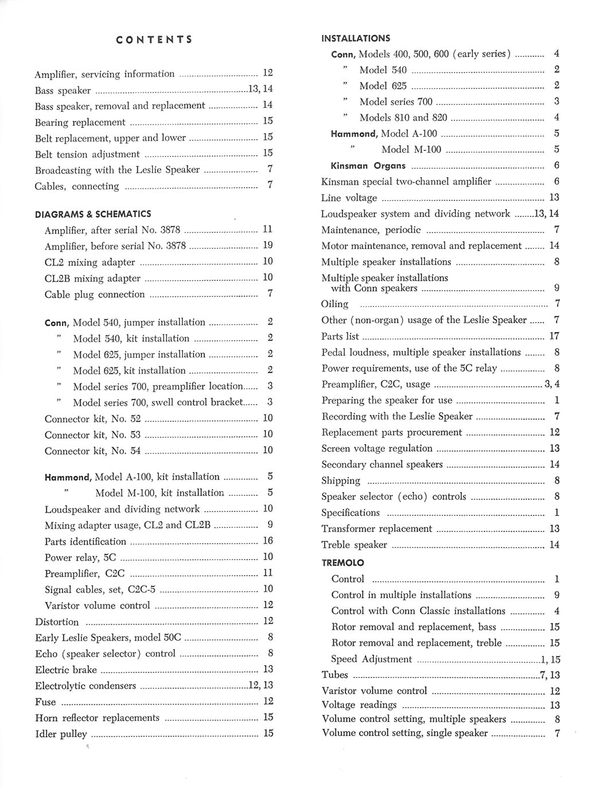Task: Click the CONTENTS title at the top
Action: click(154, 40)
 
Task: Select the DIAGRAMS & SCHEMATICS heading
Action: click(93, 214)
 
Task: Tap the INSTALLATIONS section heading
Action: click(356, 38)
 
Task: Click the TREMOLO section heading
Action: click(343, 563)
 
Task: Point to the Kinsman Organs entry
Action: click(368, 166)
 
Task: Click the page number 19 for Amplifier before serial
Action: click(267, 246)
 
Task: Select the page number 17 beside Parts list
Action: click(554, 336)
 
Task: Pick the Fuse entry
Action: click(45, 702)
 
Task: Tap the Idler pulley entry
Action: click(61, 734)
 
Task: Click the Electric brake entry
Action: click(66, 670)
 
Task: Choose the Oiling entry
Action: click(334, 304)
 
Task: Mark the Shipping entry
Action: click(341, 481)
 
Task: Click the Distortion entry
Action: click(57, 622)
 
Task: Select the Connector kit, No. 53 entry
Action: click(92, 435)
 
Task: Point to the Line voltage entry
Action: click(349, 198)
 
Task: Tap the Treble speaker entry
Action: click(354, 545)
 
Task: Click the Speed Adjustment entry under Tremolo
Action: click(371, 659)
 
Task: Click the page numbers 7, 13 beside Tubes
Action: click(550, 676)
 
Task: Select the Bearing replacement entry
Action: click(80, 122)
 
